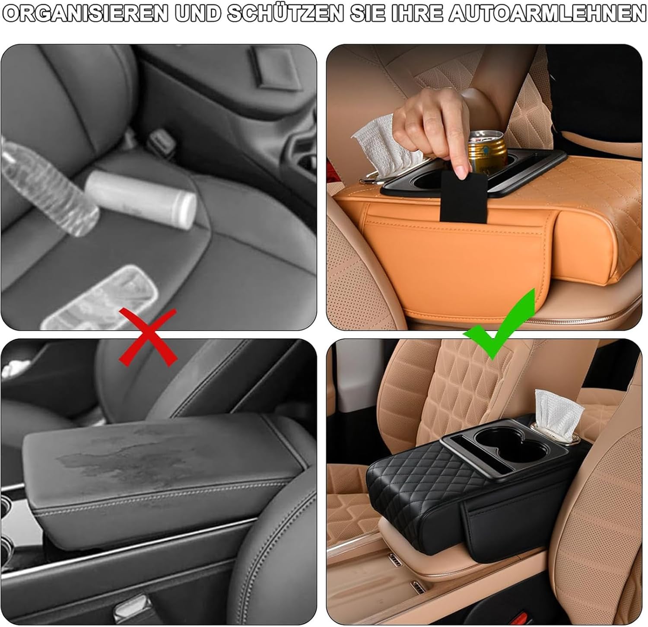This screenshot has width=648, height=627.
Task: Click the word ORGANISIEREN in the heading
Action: coord(85,14)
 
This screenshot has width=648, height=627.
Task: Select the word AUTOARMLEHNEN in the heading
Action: coord(547,14)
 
